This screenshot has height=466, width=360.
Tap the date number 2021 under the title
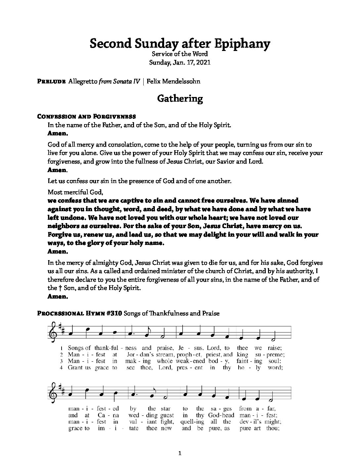pyautogui.click(x=203, y=62)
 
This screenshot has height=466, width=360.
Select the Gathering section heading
pyautogui.click(x=180, y=98)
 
